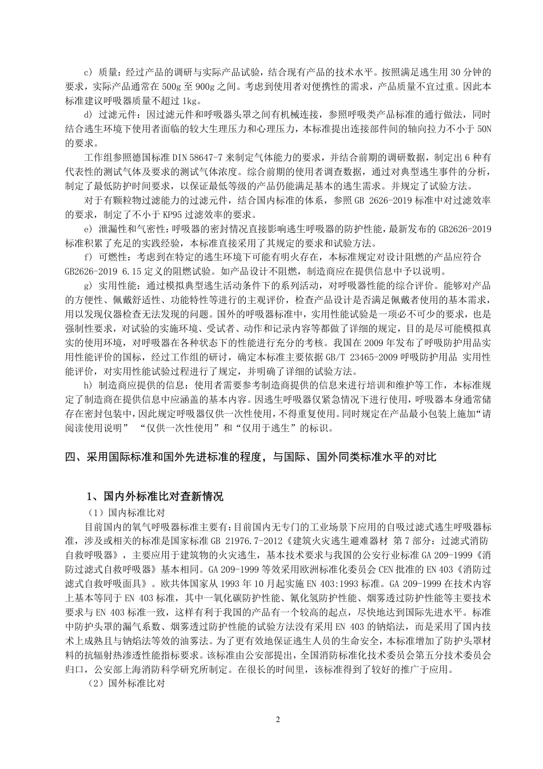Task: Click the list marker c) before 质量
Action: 88,73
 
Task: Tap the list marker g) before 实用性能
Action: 88,285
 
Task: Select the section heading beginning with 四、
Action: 251,457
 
